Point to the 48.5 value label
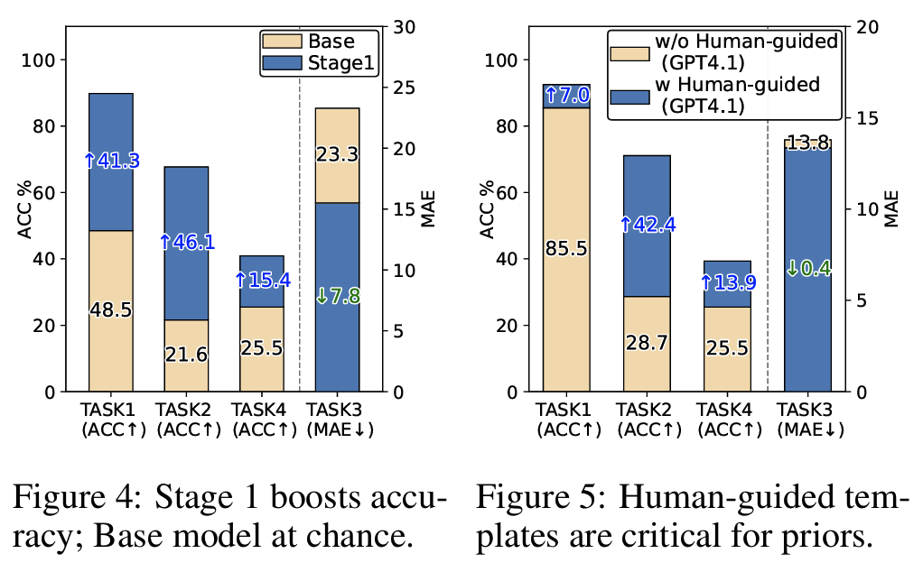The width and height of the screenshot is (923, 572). [x=111, y=310]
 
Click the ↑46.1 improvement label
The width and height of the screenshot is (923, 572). [x=186, y=242]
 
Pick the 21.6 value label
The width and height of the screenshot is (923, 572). [x=186, y=355]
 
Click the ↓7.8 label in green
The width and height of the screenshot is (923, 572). [x=337, y=296]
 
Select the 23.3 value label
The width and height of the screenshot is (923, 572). [x=337, y=155]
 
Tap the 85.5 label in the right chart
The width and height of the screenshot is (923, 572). [x=566, y=248]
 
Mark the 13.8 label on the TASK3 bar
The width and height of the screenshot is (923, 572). [x=807, y=143]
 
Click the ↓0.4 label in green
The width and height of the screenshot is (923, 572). [x=807, y=269]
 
